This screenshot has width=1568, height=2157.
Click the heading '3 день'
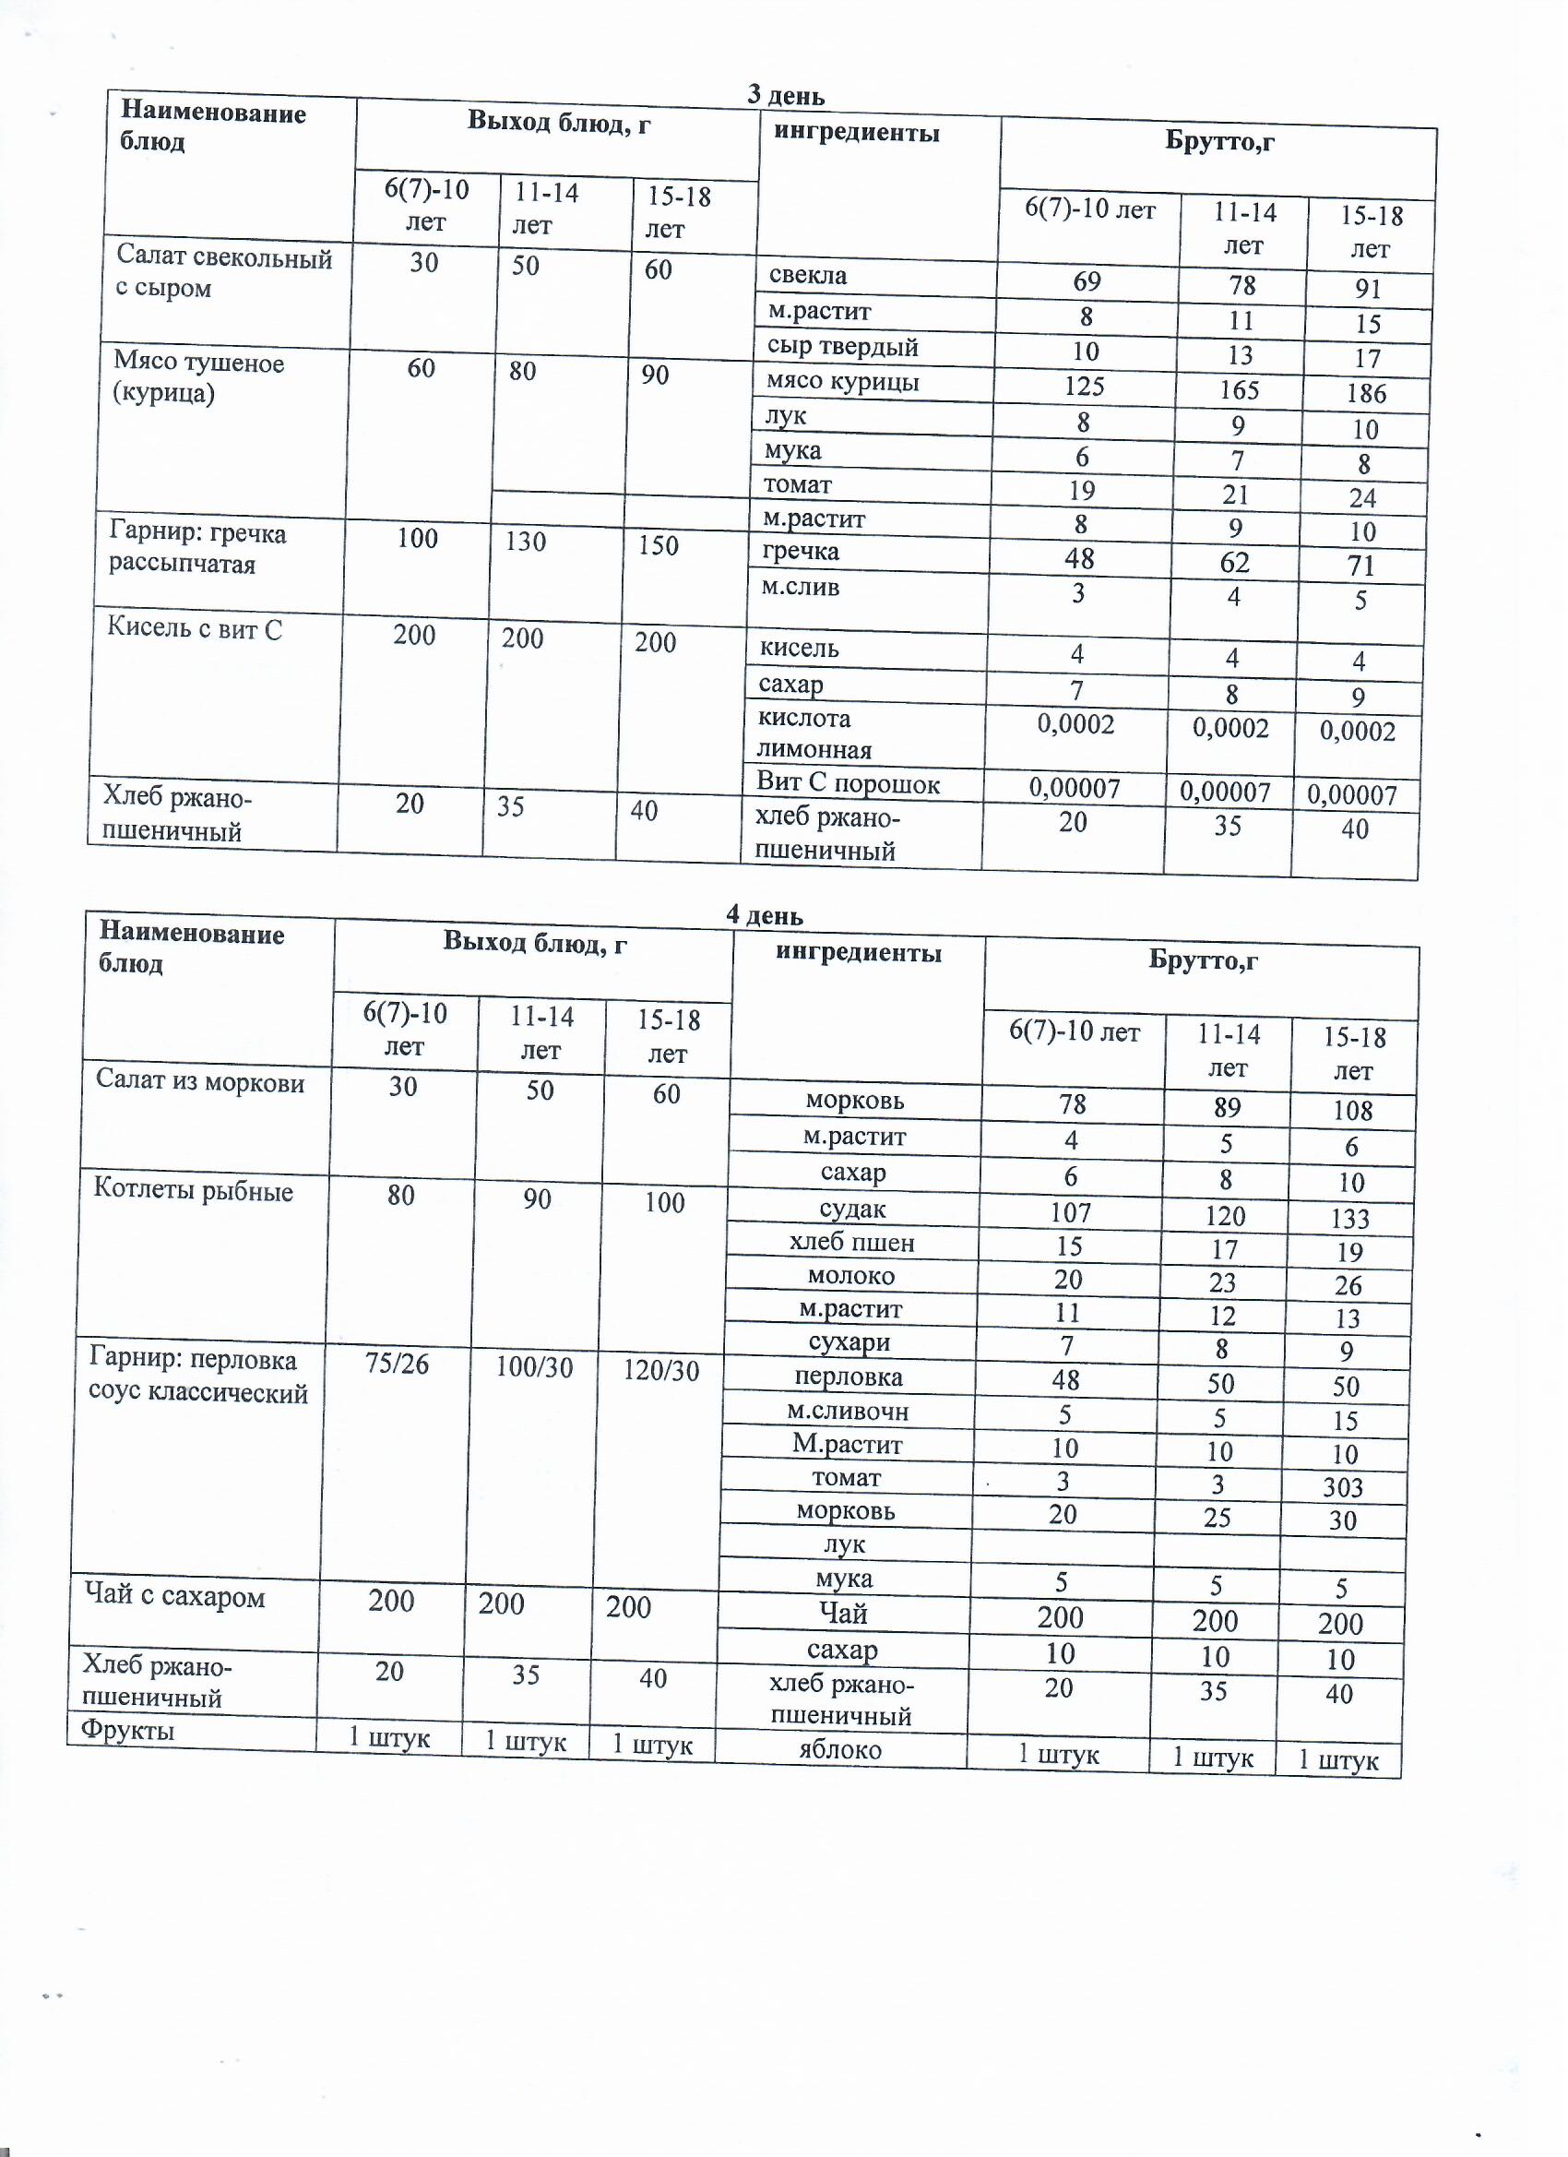[x=786, y=96]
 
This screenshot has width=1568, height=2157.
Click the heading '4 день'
[x=764, y=915]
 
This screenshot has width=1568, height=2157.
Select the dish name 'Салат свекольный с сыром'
[x=223, y=273]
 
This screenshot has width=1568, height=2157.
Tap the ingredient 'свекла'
[x=807, y=276]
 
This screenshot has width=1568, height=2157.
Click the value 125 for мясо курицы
[x=1084, y=387]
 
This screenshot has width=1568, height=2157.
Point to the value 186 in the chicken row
[x=1366, y=393]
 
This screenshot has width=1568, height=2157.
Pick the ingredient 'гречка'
[x=801, y=552]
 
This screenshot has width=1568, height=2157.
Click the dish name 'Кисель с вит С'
[x=194, y=628]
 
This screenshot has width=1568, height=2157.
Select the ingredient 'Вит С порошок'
[x=848, y=783]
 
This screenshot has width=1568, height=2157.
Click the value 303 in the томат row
[x=1343, y=1487]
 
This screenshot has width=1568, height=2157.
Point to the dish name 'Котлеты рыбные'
[x=193, y=1191]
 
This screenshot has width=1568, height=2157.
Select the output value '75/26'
[x=397, y=1365]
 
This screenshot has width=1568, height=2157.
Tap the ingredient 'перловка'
[x=849, y=1376]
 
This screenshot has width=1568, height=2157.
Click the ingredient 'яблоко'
[x=839, y=1749]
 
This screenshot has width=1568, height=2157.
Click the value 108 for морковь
[x=1352, y=1111]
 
